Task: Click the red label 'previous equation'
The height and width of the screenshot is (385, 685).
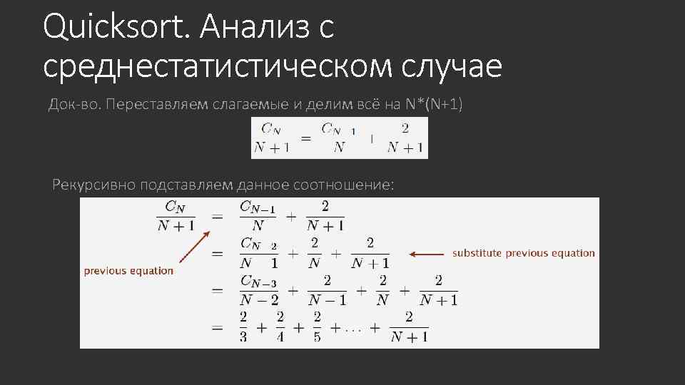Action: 128,270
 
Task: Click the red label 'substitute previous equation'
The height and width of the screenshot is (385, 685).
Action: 523,253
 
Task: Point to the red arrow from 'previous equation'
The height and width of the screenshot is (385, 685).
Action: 192,248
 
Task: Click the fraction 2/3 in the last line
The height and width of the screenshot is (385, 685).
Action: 243,327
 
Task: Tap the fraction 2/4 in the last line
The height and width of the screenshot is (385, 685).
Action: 280,327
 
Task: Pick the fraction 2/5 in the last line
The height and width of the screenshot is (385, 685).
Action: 317,327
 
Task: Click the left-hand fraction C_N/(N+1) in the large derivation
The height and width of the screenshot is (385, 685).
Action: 176,215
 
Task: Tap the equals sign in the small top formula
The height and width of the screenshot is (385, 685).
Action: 305,138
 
